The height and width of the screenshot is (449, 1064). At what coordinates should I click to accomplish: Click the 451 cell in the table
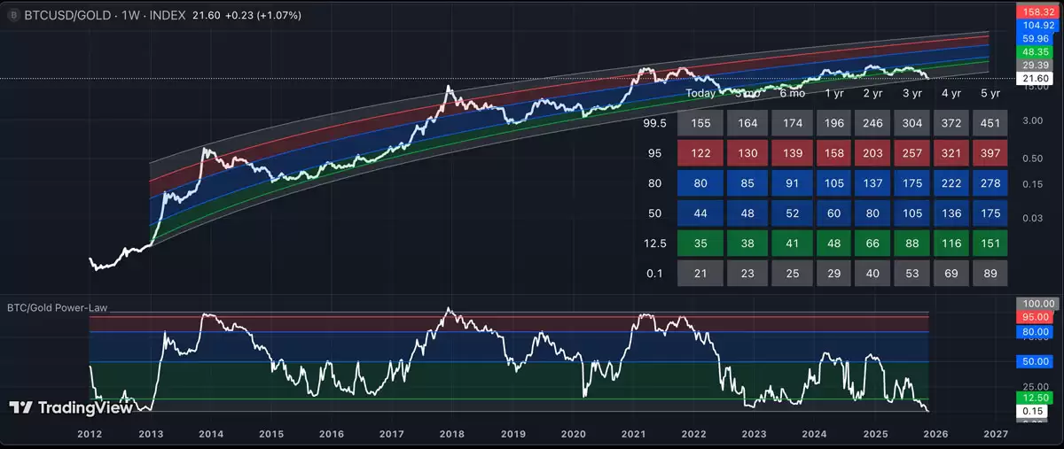click(990, 123)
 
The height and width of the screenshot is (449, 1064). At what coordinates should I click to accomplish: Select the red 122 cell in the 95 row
click(700, 153)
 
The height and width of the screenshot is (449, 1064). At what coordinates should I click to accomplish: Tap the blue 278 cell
click(990, 183)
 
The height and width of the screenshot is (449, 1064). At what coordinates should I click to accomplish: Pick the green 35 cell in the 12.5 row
click(700, 244)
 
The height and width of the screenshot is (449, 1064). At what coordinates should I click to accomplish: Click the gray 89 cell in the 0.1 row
click(990, 274)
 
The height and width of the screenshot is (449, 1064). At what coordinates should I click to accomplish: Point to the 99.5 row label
click(654, 123)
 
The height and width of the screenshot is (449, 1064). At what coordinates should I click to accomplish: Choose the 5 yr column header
click(990, 93)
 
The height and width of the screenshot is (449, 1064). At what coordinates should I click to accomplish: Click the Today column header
click(700, 93)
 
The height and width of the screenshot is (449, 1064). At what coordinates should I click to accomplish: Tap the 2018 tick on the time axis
click(451, 434)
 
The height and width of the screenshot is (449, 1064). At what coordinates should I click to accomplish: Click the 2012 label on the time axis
click(89, 434)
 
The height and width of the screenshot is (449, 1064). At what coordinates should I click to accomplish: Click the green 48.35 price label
click(1036, 52)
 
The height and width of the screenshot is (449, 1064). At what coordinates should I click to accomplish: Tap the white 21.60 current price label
click(1036, 79)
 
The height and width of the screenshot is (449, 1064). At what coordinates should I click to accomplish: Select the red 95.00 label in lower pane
click(1036, 317)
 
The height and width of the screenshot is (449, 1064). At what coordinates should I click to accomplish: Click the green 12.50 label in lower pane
click(1036, 399)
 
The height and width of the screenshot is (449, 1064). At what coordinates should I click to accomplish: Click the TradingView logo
click(71, 407)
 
